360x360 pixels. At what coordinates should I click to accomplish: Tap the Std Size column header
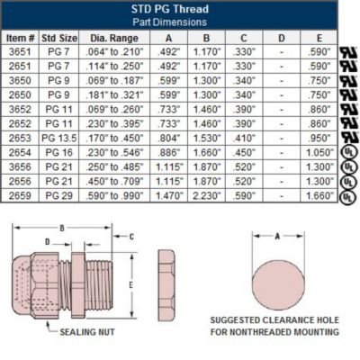coord(60,38)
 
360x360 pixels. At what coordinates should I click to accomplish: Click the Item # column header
coord(20,38)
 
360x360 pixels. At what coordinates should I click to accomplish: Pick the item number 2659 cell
coord(20,193)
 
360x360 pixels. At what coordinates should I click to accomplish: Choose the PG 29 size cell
coord(60,193)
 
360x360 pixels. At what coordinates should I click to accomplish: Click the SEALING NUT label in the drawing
coord(87,331)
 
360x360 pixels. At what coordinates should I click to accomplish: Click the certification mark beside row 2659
coord(347,195)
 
